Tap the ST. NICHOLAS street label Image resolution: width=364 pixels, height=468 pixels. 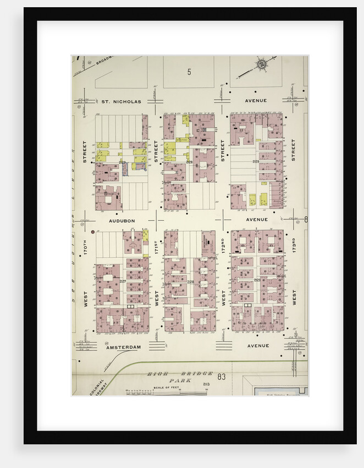121,101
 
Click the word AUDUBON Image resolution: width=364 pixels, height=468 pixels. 122,220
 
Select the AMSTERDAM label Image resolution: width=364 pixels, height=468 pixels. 124,347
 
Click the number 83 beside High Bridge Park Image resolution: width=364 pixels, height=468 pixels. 222,377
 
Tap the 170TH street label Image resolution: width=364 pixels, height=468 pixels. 86,245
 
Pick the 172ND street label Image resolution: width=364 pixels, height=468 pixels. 223,245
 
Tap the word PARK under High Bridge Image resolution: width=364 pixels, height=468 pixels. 178,380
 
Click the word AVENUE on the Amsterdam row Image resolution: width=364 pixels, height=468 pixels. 258,346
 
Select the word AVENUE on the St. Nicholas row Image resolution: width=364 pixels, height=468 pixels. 256,101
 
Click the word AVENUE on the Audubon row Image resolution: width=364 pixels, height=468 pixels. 257,219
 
